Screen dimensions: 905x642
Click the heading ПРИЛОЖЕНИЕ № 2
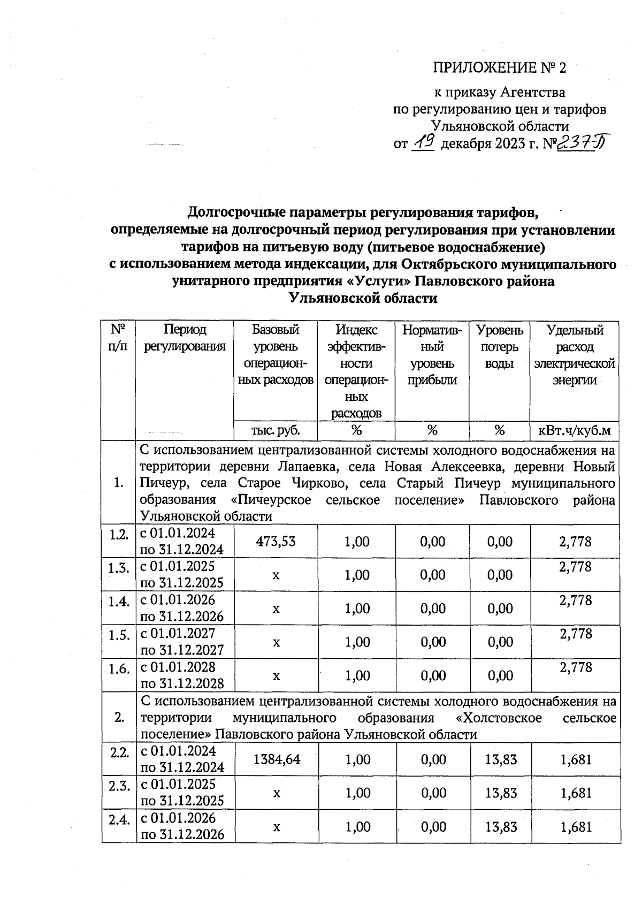499,68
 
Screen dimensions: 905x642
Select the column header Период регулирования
185,338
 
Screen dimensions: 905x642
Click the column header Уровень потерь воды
499,347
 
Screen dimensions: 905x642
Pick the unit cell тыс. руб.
276,430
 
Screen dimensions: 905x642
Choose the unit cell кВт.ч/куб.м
574,430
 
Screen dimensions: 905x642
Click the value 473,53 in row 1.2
276,542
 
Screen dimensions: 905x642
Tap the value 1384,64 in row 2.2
276,759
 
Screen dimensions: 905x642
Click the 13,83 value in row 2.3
501,793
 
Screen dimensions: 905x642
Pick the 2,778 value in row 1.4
576,600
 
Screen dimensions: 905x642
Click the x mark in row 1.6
276,676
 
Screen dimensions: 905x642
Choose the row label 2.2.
119,752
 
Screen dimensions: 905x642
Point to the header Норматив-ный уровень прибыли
432,355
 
